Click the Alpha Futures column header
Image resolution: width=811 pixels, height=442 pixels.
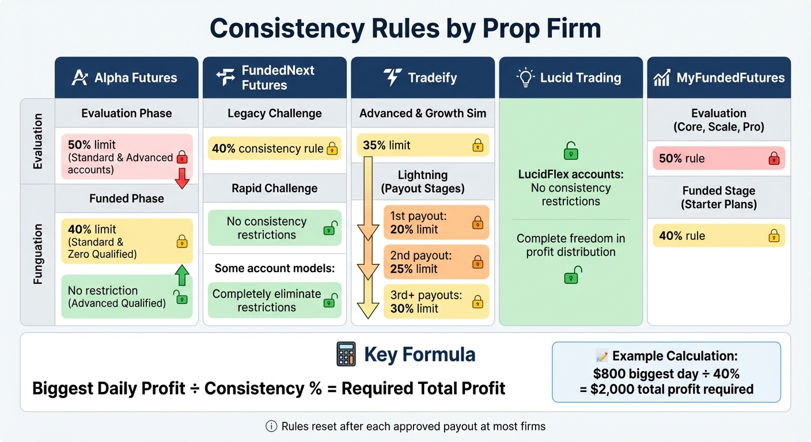click(x=126, y=78)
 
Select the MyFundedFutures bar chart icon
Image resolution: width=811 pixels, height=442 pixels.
click(x=662, y=78)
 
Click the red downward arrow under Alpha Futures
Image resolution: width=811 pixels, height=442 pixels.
click(x=182, y=178)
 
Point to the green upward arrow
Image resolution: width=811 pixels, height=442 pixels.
click(x=182, y=276)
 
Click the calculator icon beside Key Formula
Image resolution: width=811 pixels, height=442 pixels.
click(x=346, y=355)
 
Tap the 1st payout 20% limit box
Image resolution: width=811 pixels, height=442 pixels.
click(x=436, y=223)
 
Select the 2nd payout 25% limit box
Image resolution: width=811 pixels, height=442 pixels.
click(x=436, y=262)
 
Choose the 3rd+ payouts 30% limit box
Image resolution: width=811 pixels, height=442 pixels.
click(x=436, y=302)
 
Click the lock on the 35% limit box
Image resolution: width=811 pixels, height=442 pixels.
click(x=477, y=146)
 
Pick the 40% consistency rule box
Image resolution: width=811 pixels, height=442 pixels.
click(x=274, y=148)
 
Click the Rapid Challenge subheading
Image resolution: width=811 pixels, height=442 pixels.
click(x=274, y=188)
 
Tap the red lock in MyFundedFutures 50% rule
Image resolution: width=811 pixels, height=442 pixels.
click(x=774, y=158)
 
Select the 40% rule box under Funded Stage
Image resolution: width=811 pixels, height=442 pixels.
click(x=718, y=236)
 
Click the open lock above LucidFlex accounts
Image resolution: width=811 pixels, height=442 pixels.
click(x=570, y=151)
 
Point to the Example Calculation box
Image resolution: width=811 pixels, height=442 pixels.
click(x=666, y=372)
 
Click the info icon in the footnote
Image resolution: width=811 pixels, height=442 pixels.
click(x=271, y=426)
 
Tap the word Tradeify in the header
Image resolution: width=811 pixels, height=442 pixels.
click(x=432, y=78)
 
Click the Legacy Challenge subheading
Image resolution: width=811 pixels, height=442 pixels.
click(x=274, y=113)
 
